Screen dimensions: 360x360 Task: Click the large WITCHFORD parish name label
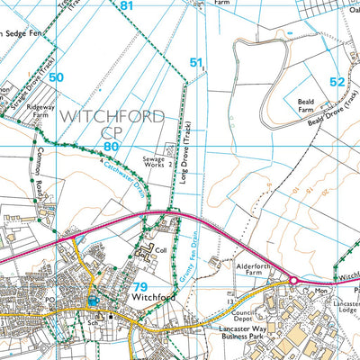(x=112, y=117)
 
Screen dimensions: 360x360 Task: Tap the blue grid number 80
(x=111, y=146)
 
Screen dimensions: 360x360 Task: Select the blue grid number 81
(x=126, y=6)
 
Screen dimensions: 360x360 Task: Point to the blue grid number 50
(x=58, y=78)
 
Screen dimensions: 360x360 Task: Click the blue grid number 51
(x=196, y=62)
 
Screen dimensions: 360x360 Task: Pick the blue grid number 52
(x=337, y=81)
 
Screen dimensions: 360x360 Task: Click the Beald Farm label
(x=310, y=108)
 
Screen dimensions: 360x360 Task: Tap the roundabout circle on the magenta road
(x=292, y=282)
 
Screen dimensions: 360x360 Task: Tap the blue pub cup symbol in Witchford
(x=94, y=300)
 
